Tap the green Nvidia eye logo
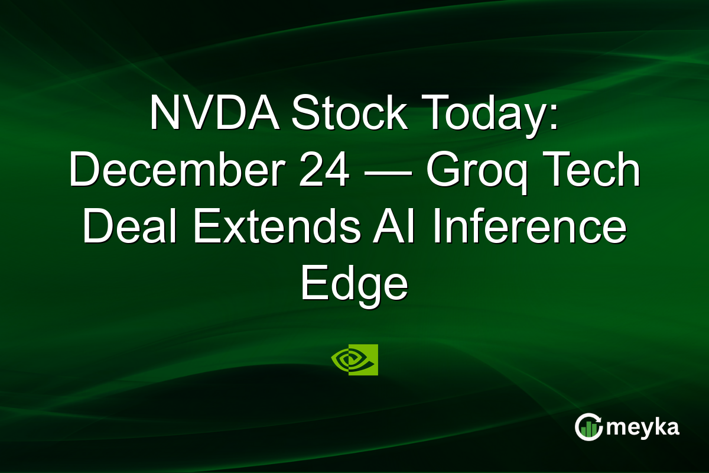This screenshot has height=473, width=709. [354, 359]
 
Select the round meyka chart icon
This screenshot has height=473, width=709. [588, 427]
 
